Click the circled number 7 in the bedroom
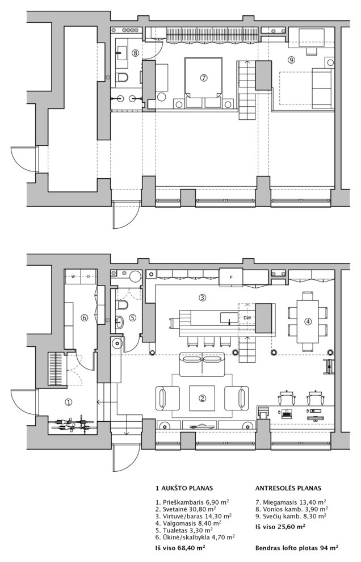pos(203,78)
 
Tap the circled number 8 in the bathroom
pos(135,53)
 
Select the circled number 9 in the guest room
pos(291,60)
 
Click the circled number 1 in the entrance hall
pos(69,402)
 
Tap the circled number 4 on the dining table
pos(308,321)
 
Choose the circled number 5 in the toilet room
pos(132,318)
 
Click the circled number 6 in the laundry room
pos(84,318)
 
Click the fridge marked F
pos(231,277)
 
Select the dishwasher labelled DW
pos(247,318)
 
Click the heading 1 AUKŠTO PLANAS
pos(179,488)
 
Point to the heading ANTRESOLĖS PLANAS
pos(288,488)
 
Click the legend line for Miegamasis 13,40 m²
pos(291,502)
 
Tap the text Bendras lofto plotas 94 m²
pos(296,548)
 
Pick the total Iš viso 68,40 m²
pos(180,548)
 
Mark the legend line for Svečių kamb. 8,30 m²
pos(291,516)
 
